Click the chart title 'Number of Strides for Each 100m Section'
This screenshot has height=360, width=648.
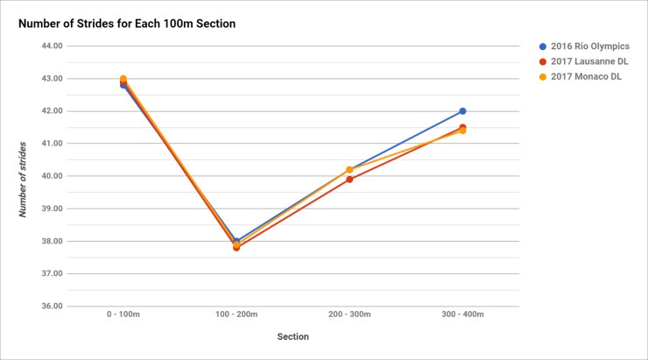[127, 23]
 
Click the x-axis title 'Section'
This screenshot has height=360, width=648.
[292, 336]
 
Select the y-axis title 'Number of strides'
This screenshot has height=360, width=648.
[25, 175]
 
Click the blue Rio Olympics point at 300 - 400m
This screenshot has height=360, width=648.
[462, 111]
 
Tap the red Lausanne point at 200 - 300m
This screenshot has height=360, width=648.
[349, 180]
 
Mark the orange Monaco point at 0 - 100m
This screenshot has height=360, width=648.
[123, 79]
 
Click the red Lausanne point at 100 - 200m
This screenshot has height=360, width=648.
[236, 248]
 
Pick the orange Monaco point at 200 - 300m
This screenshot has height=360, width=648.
[349, 170]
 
